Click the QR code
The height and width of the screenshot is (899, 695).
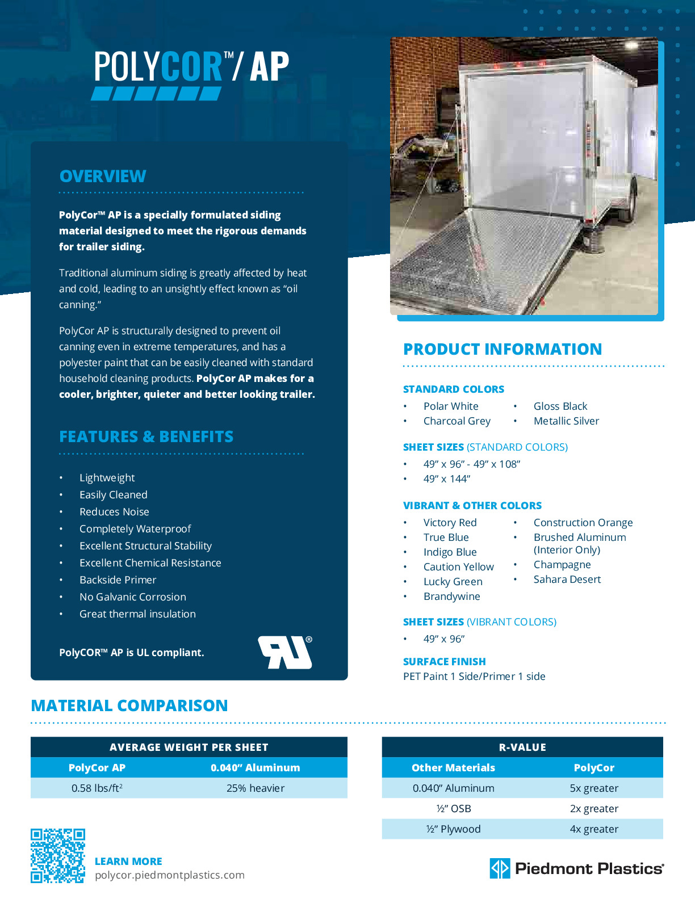(x=57, y=855)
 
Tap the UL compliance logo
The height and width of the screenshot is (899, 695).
(x=285, y=652)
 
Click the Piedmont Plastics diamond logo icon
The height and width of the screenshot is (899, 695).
(x=500, y=868)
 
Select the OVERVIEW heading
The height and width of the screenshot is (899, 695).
(x=103, y=177)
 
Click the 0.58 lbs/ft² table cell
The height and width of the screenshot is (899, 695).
(x=97, y=788)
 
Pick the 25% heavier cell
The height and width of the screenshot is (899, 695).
(x=256, y=788)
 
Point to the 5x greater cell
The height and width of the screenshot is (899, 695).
(x=594, y=788)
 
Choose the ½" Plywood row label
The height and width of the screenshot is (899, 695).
(x=453, y=829)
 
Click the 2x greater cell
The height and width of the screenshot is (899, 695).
(x=594, y=809)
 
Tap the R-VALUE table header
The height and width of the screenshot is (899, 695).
(x=522, y=747)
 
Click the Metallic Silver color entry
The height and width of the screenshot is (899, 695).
(x=566, y=421)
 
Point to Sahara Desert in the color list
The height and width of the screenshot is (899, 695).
(x=567, y=579)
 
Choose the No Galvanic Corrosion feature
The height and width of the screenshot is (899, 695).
(x=133, y=597)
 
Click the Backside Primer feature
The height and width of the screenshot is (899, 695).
(x=118, y=580)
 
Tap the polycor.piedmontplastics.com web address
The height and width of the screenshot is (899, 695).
(x=170, y=875)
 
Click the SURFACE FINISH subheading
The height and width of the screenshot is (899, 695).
(x=444, y=662)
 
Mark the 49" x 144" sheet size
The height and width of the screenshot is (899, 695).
(x=446, y=479)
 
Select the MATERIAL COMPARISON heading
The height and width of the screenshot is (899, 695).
(x=129, y=706)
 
